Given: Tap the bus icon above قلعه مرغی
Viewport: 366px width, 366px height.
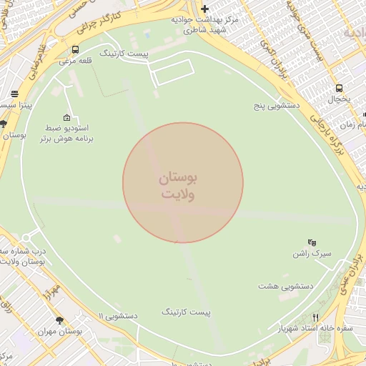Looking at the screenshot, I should [x=76, y=50].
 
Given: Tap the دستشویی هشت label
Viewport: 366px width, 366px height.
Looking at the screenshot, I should [x=286, y=286].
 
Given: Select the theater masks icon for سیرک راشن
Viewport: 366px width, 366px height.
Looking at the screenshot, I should [x=311, y=243].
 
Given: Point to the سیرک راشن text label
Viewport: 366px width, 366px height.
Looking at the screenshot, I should [x=312, y=254].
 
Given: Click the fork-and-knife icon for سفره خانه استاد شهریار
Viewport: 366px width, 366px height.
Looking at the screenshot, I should [x=315, y=318].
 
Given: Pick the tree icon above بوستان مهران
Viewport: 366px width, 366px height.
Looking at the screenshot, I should [x=59, y=321].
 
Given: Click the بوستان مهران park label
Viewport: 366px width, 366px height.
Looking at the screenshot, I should [x=60, y=332].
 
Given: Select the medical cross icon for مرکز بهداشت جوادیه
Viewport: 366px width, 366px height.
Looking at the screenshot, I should [x=205, y=9].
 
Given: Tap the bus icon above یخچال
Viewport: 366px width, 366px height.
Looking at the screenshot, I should [x=339, y=89].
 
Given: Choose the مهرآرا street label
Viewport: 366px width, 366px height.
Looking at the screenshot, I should [x=49, y=289].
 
